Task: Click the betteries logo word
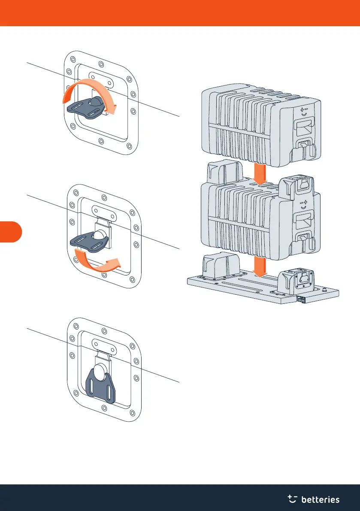[x=321, y=499]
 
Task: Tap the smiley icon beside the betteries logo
[x=293, y=498]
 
